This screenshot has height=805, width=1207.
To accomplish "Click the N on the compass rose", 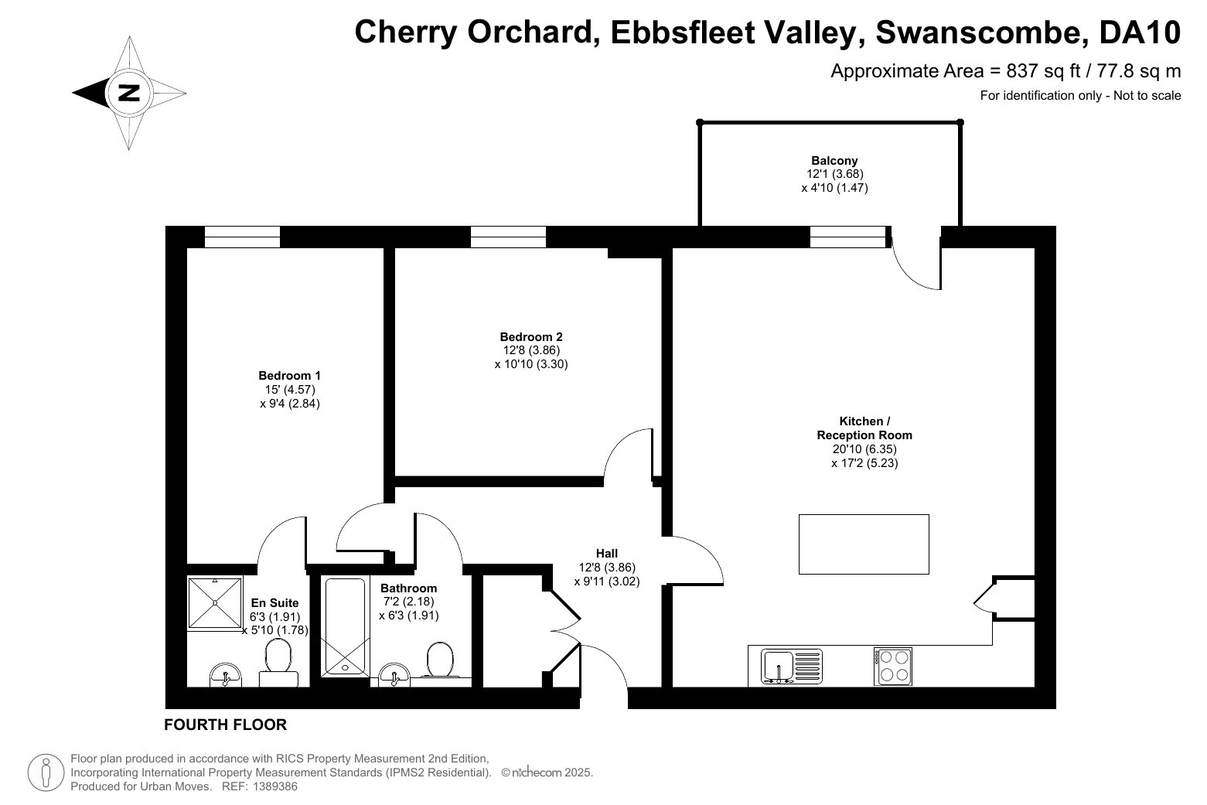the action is (129, 93).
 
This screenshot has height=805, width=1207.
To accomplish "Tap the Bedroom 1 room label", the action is (289, 376).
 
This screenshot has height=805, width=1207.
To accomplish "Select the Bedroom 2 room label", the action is (530, 336).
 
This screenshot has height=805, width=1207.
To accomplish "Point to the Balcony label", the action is (834, 161).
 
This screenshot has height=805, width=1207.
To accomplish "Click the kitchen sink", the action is (792, 667).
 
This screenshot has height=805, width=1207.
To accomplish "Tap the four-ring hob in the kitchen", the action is (893, 667).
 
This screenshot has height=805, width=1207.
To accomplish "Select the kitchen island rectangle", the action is (864, 544).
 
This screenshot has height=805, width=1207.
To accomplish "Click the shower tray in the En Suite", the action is (215, 602).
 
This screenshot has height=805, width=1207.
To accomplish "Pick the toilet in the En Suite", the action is (278, 662).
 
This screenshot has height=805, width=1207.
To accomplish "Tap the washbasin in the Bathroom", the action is (394, 674).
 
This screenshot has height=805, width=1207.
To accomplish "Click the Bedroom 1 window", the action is (243, 237).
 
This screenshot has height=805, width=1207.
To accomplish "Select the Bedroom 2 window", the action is (508, 237).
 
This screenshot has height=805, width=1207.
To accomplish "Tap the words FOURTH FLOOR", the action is (225, 725).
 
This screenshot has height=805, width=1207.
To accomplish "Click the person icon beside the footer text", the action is (46, 772).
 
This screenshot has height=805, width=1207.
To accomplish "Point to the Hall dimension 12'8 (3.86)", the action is (607, 568).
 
